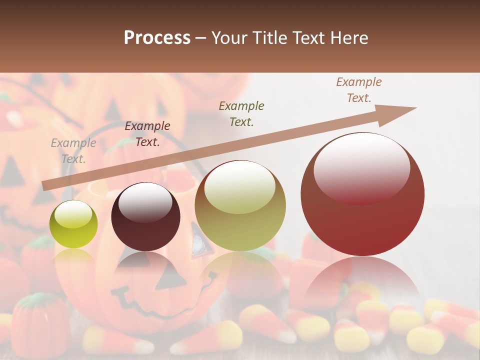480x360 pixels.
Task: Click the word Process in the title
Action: click(157, 38)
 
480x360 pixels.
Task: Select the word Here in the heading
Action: click(349, 38)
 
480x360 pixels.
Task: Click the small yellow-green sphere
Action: click(73, 225)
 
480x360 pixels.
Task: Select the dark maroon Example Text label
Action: click(147, 134)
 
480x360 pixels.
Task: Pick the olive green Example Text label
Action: click(241, 113)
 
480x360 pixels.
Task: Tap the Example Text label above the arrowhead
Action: click(359, 90)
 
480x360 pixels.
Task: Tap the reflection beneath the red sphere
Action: click(362, 280)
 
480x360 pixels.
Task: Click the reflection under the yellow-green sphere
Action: click(73, 257)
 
